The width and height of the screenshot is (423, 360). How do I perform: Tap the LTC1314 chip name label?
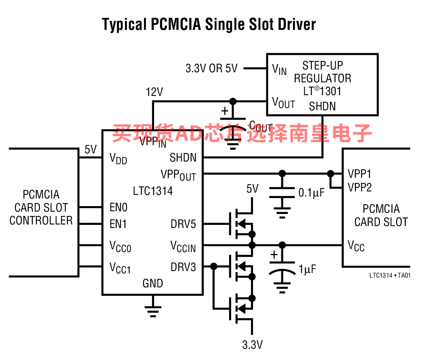click(x=153, y=191)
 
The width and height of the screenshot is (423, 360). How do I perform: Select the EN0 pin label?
click(x=118, y=207)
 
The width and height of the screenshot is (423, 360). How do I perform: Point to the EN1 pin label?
click(x=118, y=224)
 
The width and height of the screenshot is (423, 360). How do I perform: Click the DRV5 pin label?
click(x=183, y=224)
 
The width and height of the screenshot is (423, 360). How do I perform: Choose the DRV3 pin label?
click(x=183, y=267)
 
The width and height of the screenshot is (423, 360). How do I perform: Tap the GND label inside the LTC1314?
click(x=153, y=283)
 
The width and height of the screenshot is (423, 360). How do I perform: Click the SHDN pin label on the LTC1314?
click(x=183, y=158)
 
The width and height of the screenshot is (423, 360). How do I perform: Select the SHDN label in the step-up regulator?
click(x=322, y=106)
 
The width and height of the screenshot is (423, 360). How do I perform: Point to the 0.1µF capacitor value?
click(x=311, y=193)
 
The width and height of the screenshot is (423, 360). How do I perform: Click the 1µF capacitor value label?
click(x=308, y=269)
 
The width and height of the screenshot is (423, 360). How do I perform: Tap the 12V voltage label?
click(x=154, y=92)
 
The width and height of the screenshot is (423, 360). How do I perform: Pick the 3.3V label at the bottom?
click(x=252, y=344)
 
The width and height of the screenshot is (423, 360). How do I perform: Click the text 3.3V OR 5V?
click(x=211, y=69)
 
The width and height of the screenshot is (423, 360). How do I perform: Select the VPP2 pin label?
click(x=360, y=188)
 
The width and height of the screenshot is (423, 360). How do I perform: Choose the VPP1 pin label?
click(x=359, y=174)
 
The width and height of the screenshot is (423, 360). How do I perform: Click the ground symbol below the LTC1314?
click(x=153, y=310)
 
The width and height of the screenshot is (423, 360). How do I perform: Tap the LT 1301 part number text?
click(x=322, y=92)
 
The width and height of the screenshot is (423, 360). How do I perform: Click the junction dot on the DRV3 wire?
click(x=213, y=266)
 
